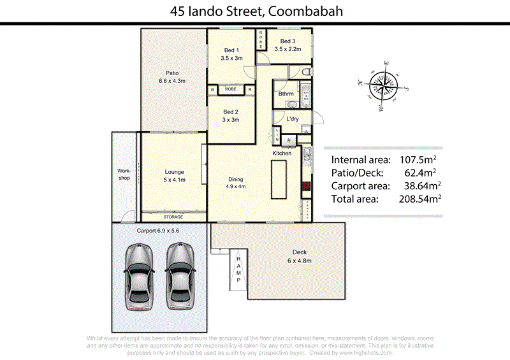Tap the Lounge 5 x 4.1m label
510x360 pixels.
click(x=174, y=176)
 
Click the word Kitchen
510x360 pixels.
click(x=282, y=154)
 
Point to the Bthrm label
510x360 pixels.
click(x=286, y=94)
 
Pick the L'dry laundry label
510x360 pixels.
click(x=293, y=119)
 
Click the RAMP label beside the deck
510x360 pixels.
click(x=239, y=267)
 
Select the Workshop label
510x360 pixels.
click(x=124, y=175)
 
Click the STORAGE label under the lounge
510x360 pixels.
click(x=173, y=217)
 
